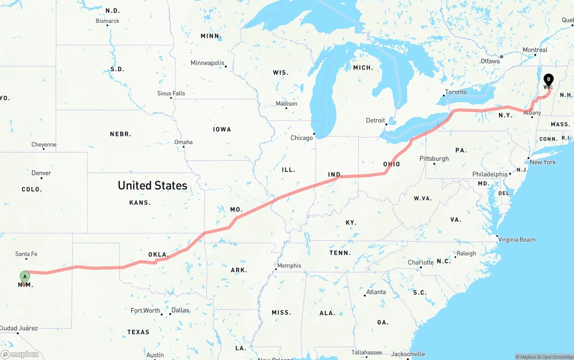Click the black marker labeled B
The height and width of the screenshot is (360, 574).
click(548, 80)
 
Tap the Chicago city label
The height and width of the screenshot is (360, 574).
click(302, 138)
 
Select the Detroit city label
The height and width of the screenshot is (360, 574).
click(375, 120)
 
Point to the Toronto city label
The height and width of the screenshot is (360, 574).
click(456, 92)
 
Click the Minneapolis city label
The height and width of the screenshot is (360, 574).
click(207, 63)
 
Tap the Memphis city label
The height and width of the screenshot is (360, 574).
click(289, 265)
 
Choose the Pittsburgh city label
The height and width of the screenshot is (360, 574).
click(434, 158)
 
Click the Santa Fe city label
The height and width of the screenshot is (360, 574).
click(26, 254)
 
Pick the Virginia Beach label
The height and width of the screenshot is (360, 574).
click(517, 239)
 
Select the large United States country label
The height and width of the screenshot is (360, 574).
click(152, 185)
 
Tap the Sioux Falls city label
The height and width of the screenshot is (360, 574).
click(171, 93)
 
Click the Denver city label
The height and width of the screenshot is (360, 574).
click(41, 173)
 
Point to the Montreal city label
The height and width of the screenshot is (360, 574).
click(535, 50)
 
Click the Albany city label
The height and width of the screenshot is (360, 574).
click(532, 113)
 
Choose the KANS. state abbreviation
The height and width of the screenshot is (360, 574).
click(140, 203)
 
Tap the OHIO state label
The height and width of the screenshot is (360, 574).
click(391, 164)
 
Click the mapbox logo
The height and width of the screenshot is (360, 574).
click(20, 354)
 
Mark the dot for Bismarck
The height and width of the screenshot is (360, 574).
click(108, 25)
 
